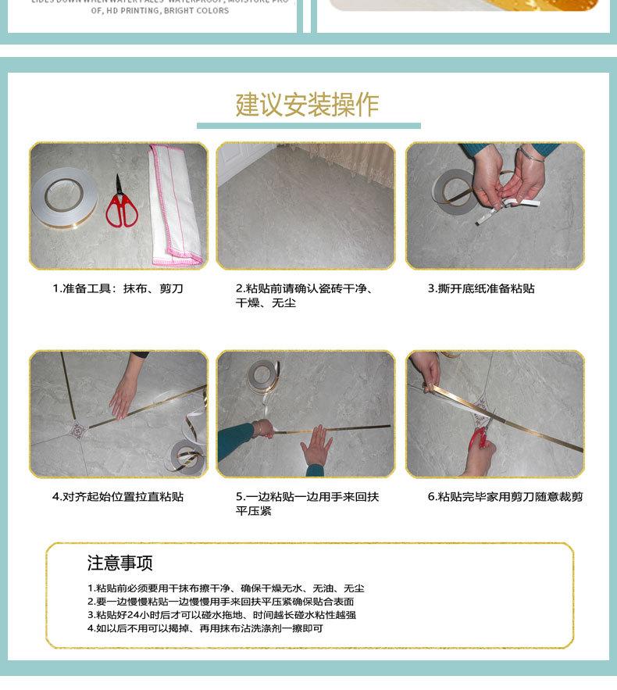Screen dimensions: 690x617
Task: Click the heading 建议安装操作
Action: pyautogui.click(x=308, y=105)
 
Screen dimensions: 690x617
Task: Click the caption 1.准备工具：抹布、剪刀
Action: pyautogui.click(x=118, y=289)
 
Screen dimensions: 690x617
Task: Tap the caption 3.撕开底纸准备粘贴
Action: pyautogui.click(x=481, y=289)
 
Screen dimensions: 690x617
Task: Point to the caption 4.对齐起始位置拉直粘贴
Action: pyautogui.click(x=118, y=497)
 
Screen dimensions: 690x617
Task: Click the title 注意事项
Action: pyautogui.click(x=119, y=563)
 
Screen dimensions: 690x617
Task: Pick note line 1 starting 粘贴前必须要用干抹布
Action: pyautogui.click(x=226, y=588)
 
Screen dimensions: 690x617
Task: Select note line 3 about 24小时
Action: pyautogui.click(x=221, y=615)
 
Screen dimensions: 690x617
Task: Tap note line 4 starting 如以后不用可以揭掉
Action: pyautogui.click(x=205, y=628)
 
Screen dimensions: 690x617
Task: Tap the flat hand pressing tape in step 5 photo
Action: pyautogui.click(x=316, y=448)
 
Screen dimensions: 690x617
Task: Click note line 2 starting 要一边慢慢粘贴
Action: pyautogui.click(x=220, y=602)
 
